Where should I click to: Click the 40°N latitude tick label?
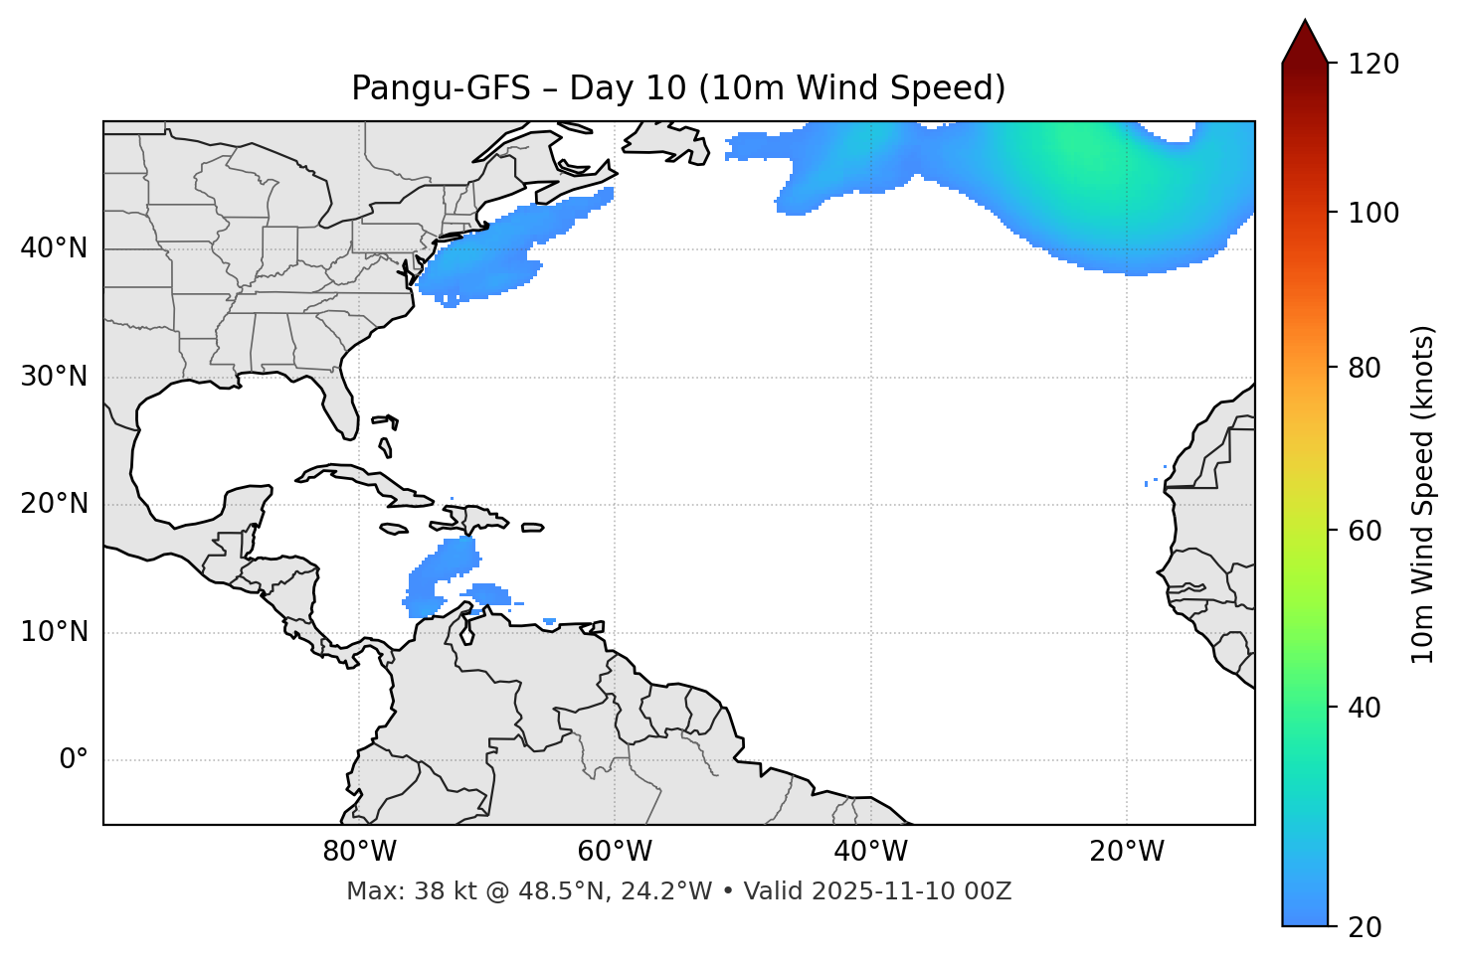tap(54, 248)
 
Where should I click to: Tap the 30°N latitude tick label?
tap(54, 377)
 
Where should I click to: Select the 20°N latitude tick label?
tap(54, 504)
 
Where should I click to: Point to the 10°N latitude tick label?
tap(54, 632)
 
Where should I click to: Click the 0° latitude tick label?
tap(74, 760)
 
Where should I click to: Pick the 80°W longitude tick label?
tap(359, 852)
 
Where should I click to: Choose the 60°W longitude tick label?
tap(615, 852)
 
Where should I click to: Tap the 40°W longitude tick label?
tap(870, 852)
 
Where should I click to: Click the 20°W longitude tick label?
tap(1127, 852)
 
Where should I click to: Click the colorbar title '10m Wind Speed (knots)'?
tap(1423, 494)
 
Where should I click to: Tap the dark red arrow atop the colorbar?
tap(1305, 42)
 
